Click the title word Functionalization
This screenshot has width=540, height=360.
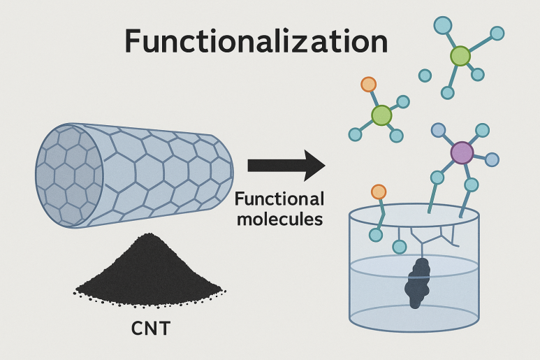tap(256, 41)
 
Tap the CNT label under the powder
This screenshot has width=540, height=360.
tap(151, 329)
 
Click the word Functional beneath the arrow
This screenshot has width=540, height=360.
tap(279, 199)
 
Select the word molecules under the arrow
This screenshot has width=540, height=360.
tap(279, 219)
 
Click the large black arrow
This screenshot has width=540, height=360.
tap(286, 166)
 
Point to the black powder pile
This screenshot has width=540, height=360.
tap(149, 272)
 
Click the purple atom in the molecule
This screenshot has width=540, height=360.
tap(462, 152)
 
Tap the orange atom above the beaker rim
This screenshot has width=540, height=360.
tap(379, 192)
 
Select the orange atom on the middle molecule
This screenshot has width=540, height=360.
tap(368, 85)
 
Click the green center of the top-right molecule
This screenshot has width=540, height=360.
tap(460, 56)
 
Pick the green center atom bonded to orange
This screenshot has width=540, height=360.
tap(381, 115)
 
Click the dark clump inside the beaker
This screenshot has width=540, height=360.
tap(418, 283)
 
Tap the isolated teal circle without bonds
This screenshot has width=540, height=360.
tap(425, 75)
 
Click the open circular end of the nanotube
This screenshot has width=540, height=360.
tap(69, 175)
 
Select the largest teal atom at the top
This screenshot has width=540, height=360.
tap(443, 25)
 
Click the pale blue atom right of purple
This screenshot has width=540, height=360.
tap(492, 159)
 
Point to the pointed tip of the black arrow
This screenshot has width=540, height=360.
tap(325, 166)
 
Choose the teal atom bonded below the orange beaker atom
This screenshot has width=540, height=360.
tap(376, 235)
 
